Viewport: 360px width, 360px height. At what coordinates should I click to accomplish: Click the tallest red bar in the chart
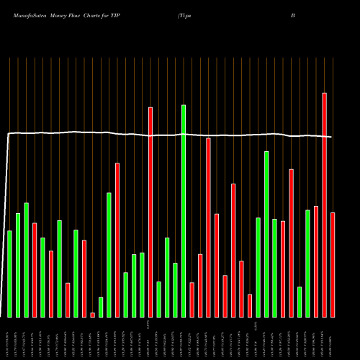coord(324,205)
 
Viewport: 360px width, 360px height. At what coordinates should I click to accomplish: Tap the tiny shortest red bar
coord(92,315)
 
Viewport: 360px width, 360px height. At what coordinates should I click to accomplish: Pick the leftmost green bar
coord(9,274)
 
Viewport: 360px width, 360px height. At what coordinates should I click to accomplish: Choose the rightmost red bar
coord(333,265)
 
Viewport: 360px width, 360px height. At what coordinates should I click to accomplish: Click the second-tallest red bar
coord(150,212)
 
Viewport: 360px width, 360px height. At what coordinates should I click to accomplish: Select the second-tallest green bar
coord(266,234)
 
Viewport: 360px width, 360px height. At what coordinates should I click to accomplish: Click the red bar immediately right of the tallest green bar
coord(192,300)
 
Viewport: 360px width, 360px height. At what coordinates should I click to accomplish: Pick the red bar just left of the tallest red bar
coord(316,261)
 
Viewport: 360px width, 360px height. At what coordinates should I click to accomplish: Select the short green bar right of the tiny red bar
coord(101,307)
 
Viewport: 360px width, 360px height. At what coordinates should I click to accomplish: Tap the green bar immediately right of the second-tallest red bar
coord(158,300)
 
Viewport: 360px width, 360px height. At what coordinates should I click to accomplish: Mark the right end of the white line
coord(331,137)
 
